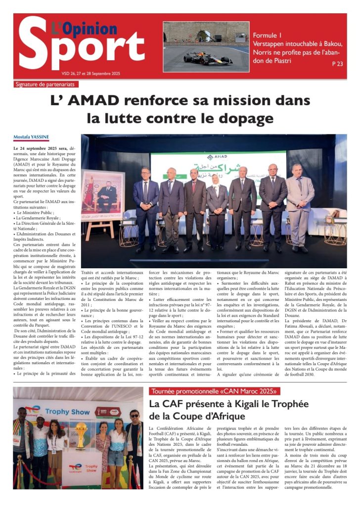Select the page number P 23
point(337,64)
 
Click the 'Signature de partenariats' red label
point(48,84)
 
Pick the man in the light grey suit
point(300,208)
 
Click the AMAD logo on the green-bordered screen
point(217,157)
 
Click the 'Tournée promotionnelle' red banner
point(215,391)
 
